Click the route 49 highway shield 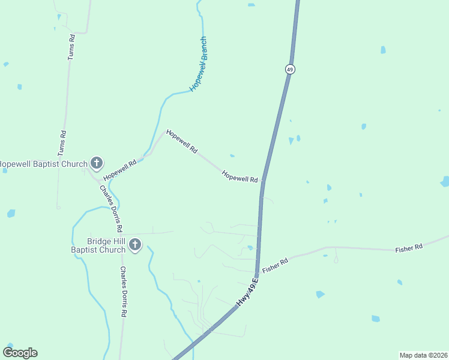[290, 70]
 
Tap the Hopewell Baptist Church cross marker [97, 162]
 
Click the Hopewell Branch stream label [199, 64]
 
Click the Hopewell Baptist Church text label [43, 163]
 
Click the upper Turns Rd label [71, 46]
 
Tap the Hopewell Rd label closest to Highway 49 [240, 176]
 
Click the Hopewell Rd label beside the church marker [119, 170]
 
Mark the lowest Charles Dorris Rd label [123, 292]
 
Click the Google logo [20, 353]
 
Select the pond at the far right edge [445, 181]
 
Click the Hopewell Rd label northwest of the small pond [182, 141]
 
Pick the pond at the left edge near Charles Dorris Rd [11, 213]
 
